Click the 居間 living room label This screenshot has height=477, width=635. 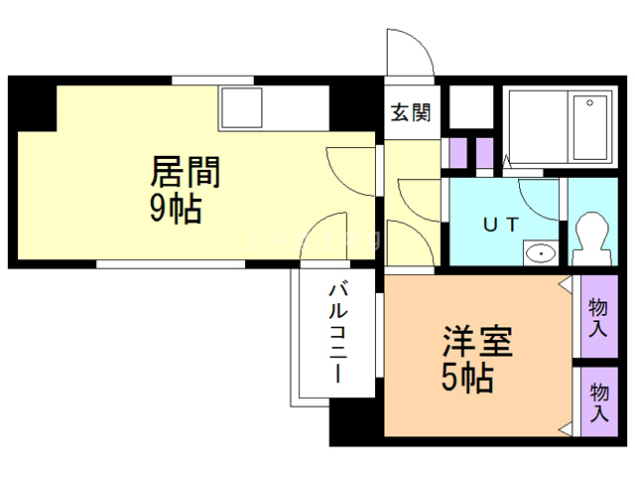coord(185,172)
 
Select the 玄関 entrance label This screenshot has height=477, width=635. coord(410,112)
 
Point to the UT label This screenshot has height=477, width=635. coord(500,224)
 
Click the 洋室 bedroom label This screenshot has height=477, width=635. coord(476,344)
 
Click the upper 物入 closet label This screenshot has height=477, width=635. coord(597,317)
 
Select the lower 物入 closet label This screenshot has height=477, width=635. coord(599,401)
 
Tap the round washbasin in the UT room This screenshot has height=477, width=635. coord(540,252)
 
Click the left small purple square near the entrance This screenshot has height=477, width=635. coord(458,152)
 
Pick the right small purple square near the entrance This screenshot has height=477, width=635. coord(485,152)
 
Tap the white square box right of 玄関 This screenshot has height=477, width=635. coord(470,105)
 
